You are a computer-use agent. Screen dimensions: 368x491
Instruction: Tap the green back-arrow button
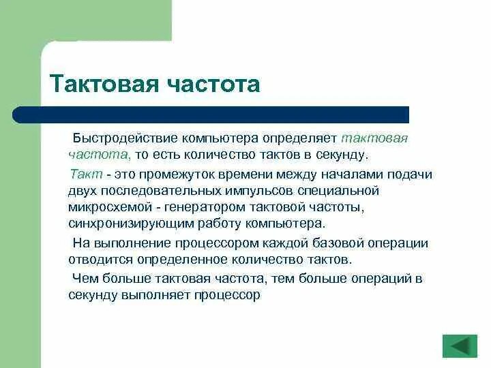460,346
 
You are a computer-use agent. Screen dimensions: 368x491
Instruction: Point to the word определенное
177,260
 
